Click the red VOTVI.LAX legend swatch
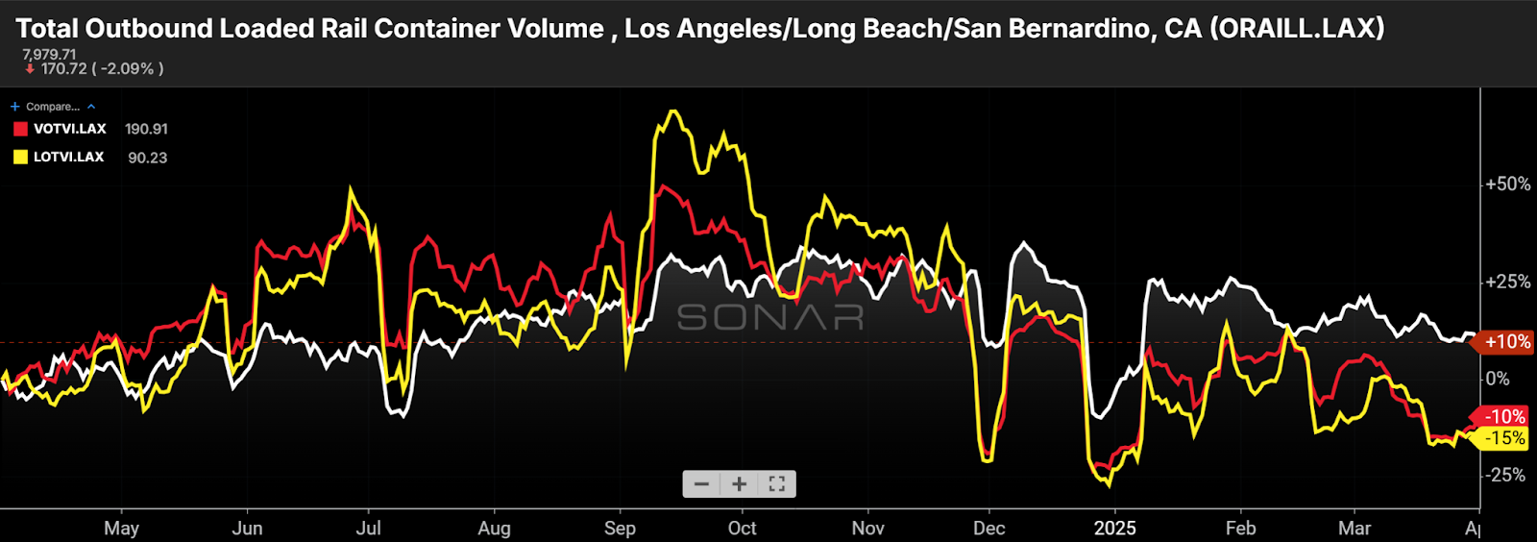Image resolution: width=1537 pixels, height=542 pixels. coord(20,129)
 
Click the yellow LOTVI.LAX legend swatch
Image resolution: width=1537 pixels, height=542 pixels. coord(20,158)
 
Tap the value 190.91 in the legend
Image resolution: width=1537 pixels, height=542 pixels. coord(146,129)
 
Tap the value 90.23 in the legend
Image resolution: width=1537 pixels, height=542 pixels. coord(147,158)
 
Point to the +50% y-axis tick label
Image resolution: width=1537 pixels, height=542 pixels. coord(1507,184)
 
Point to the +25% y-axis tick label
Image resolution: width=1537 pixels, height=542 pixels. coord(1507,282)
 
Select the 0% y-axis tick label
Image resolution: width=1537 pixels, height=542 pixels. coord(1498,379)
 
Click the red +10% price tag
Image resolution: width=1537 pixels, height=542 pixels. coord(1506,342)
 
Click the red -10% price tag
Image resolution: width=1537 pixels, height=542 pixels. coord(1503,417)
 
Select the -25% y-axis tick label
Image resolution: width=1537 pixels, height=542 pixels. coord(1504,476)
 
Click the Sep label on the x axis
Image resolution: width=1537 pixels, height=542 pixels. coord(620,529)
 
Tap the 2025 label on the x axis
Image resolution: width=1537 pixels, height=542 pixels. coord(1114,529)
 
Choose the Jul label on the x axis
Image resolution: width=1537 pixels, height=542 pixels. coord(368,529)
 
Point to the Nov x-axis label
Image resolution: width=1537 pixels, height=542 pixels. coord(867,529)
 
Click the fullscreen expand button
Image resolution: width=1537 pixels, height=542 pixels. coord(777,484)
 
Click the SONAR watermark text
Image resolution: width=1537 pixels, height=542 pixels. coord(770,317)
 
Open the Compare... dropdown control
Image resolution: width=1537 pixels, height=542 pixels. coord(53,107)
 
